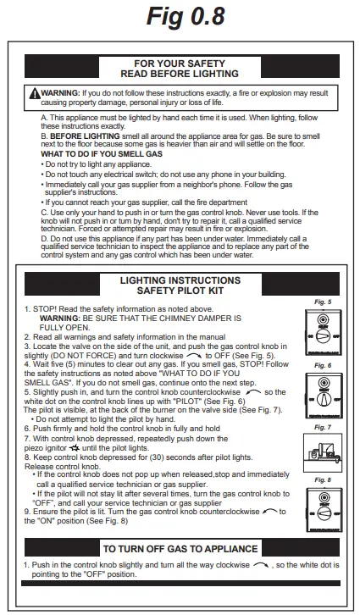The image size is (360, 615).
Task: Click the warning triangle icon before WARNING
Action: click(34, 91)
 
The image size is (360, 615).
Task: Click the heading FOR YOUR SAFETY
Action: click(180, 64)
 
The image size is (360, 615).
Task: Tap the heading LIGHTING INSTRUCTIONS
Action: click(180, 280)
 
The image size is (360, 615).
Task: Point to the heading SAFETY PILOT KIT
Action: click(180, 291)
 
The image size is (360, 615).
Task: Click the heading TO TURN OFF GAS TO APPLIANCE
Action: click(180, 549)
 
